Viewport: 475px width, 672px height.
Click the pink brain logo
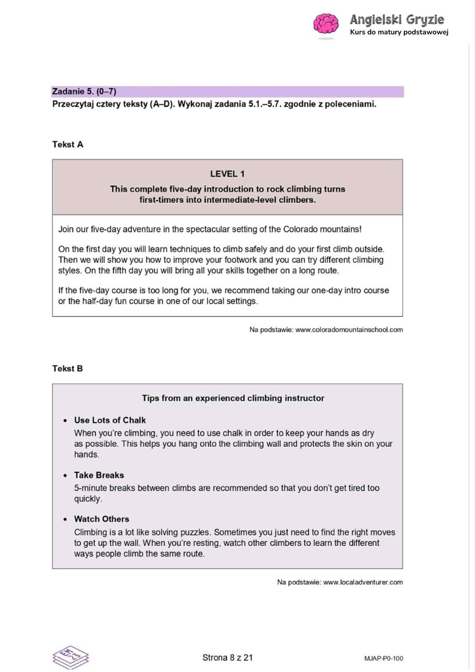click(325, 24)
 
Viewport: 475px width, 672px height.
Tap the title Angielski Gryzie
click(397, 20)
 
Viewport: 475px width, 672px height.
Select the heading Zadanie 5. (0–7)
click(84, 91)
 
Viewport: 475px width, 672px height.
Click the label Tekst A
click(68, 144)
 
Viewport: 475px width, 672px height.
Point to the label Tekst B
click(68, 368)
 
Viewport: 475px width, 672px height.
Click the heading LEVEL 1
click(227, 174)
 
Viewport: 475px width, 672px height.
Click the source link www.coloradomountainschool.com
click(349, 330)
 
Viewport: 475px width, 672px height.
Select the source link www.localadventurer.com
click(363, 582)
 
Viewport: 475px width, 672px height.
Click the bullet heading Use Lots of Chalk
click(110, 420)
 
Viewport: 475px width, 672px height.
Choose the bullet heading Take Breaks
click(99, 475)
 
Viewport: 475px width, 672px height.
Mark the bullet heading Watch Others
click(102, 519)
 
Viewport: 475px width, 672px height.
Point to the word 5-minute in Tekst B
click(90, 488)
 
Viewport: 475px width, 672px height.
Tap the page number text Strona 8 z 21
click(227, 658)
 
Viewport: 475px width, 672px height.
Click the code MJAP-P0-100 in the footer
click(383, 658)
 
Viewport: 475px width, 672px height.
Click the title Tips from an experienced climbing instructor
click(233, 398)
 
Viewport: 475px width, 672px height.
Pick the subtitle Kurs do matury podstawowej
click(399, 32)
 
